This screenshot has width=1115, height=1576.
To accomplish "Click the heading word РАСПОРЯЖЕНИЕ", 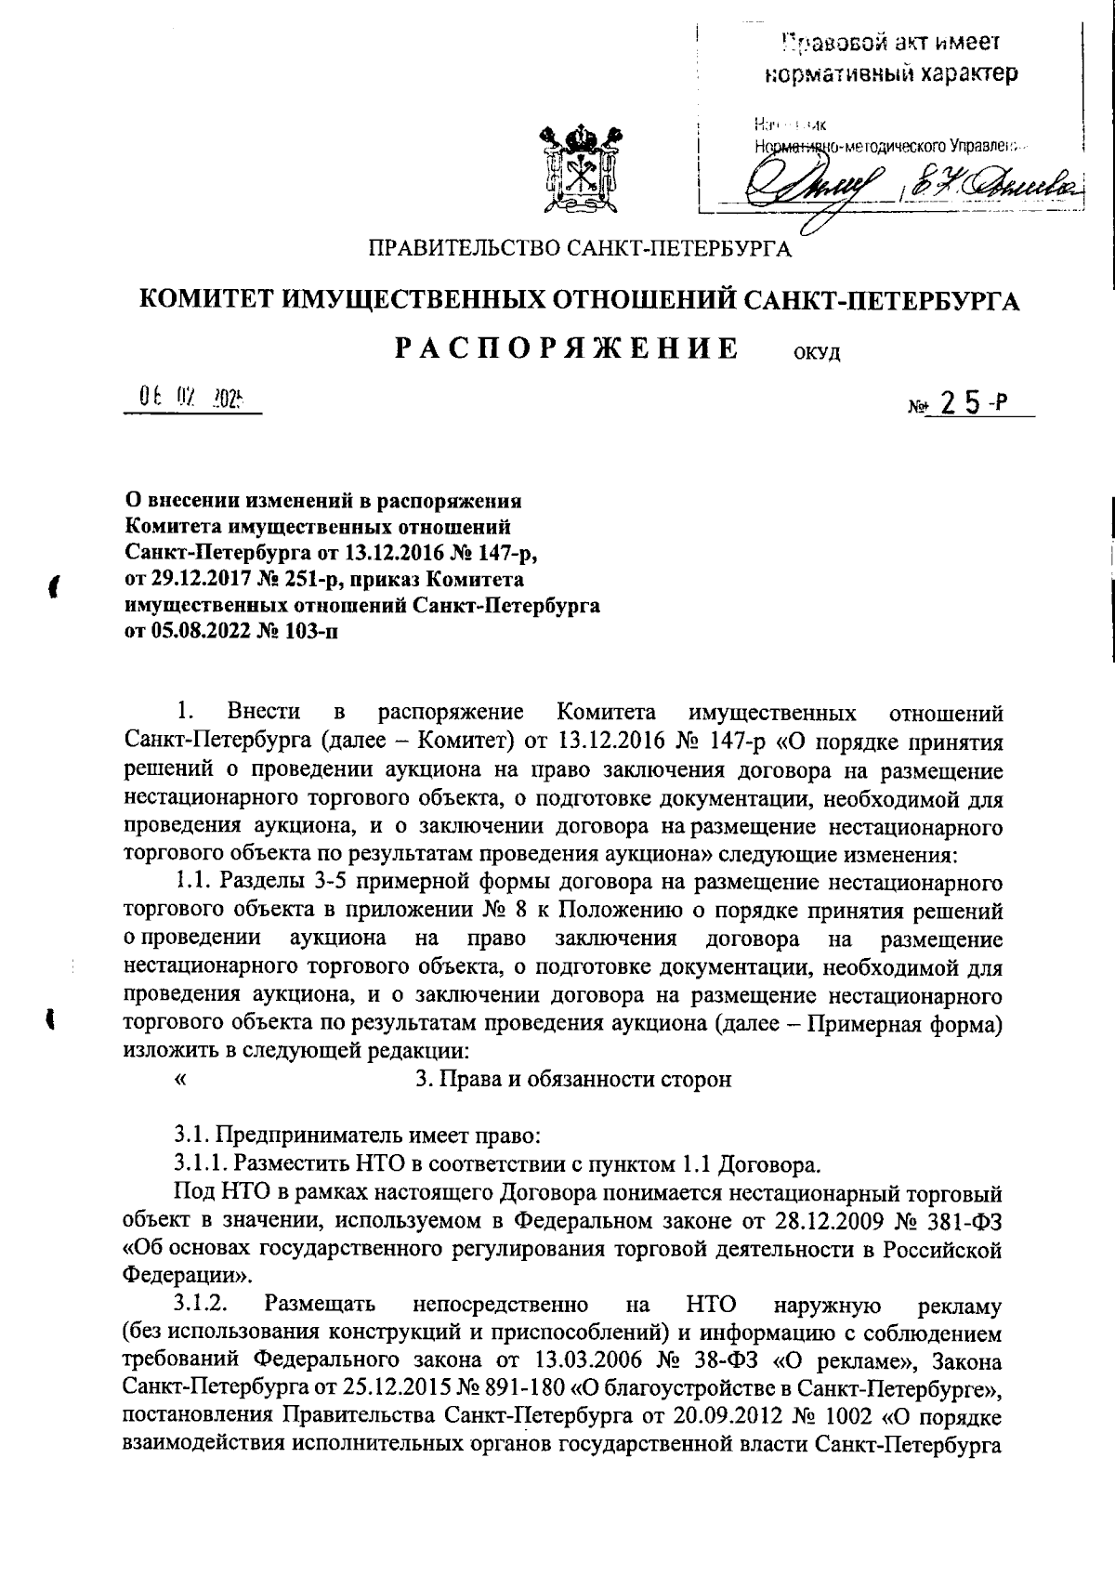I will tap(568, 348).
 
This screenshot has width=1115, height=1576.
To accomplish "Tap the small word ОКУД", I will tap(818, 355).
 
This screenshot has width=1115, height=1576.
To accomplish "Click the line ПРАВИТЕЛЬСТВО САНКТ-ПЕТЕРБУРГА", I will tap(581, 248).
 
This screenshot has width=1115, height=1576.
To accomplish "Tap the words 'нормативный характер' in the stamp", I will tap(889, 72).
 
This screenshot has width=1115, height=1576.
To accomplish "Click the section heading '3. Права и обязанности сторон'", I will tap(573, 1079).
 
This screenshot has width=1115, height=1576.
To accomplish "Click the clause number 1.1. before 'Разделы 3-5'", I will tap(192, 881).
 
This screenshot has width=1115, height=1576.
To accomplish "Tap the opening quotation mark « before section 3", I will tap(179, 1079).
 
